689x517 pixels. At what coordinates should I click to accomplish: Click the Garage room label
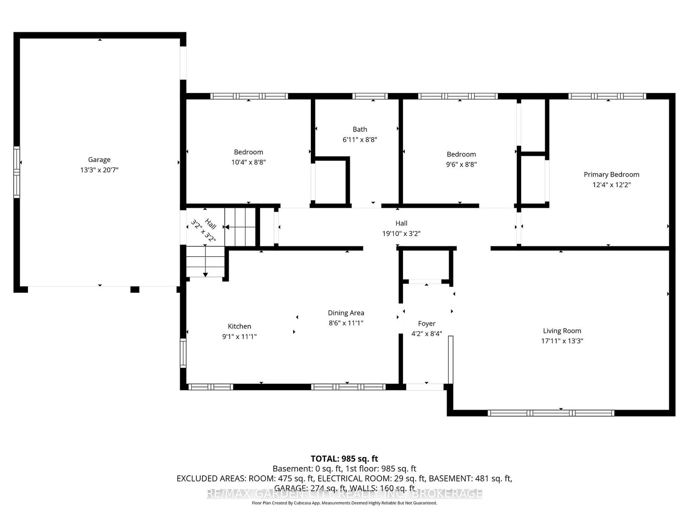[99, 159]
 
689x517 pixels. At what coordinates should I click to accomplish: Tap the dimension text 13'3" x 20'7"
[99, 170]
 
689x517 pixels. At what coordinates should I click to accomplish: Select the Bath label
[360, 129]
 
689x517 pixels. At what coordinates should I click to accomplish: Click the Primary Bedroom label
[611, 174]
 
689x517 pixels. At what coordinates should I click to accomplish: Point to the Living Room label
[562, 331]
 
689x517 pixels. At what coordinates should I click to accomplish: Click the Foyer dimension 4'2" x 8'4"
[426, 333]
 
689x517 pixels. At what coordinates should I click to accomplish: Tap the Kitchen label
[239, 327]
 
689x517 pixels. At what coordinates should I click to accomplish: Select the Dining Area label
[346, 313]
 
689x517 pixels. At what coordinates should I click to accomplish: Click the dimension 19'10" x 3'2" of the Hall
[401, 234]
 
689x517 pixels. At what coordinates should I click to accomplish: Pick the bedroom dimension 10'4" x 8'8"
[248, 162]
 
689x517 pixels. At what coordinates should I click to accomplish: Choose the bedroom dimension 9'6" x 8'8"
[461, 164]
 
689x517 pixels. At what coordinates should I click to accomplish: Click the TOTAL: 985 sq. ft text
[344, 458]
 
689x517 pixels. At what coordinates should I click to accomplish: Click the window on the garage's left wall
[17, 171]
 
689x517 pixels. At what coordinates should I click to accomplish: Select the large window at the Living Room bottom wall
[551, 413]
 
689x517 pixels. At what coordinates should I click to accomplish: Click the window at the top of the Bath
[370, 96]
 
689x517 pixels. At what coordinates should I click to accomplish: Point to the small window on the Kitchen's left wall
[183, 352]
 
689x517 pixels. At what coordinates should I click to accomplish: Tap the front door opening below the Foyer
[425, 387]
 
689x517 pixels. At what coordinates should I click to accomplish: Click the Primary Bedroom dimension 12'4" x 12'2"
[611, 185]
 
